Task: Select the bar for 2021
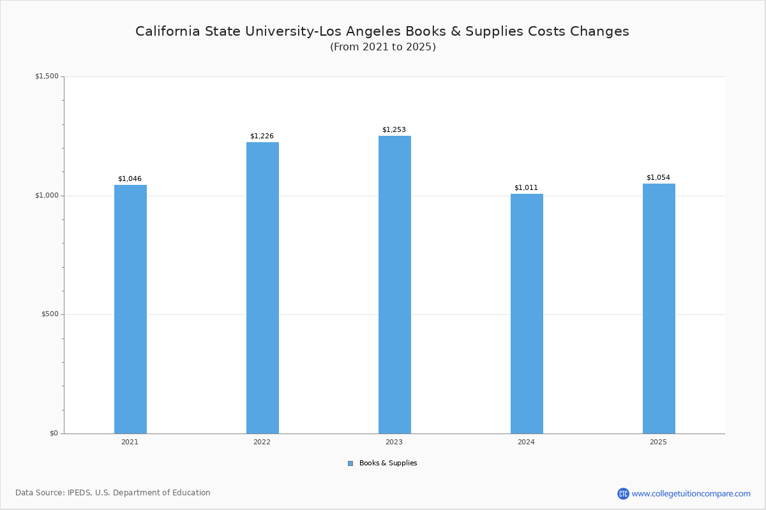(x=130, y=309)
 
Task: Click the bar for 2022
(x=262, y=288)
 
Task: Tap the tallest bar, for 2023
(x=394, y=284)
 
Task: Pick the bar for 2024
(x=527, y=314)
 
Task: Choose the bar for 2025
(x=659, y=309)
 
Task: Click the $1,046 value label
(x=130, y=178)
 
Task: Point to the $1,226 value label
(x=262, y=136)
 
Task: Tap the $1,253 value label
(x=394, y=129)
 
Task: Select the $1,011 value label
(x=526, y=187)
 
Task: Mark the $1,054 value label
(x=658, y=177)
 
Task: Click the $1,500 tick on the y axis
(x=47, y=76)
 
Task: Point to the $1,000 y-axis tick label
(x=47, y=196)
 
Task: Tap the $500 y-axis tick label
(x=50, y=314)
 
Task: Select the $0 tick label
(x=54, y=433)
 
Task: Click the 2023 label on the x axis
(x=394, y=442)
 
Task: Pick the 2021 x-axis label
(x=130, y=442)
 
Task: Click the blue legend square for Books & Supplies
(x=350, y=463)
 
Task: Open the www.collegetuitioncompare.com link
(x=691, y=493)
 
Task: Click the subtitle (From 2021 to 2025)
(x=383, y=47)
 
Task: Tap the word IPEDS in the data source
(x=80, y=493)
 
